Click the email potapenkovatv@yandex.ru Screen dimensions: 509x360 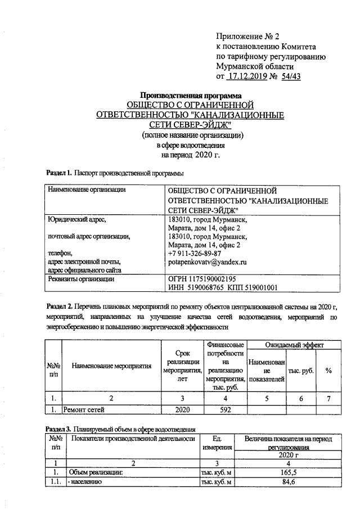point(208,262)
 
